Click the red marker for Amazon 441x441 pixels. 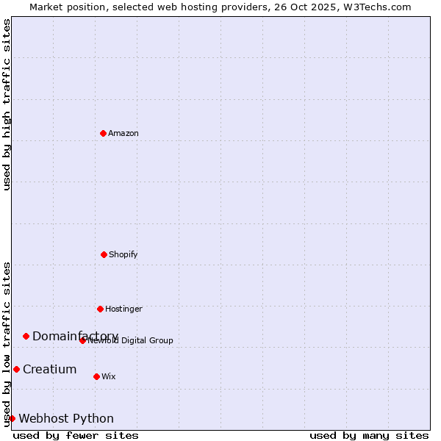[x=103, y=133]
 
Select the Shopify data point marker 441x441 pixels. [x=104, y=254]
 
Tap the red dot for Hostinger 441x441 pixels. [x=100, y=309]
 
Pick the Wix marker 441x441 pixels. [x=96, y=376]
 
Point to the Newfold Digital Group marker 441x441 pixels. [x=82, y=340]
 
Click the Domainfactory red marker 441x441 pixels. [x=26, y=336]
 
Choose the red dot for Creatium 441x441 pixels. [x=16, y=369]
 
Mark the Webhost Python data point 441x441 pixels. [x=12, y=418]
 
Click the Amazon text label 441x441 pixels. [x=123, y=133]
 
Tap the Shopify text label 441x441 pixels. [x=123, y=254]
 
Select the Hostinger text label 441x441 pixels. [x=123, y=309]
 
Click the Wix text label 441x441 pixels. [x=109, y=376]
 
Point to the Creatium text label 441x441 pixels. [x=49, y=369]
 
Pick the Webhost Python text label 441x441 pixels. [x=66, y=418]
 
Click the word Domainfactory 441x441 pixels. [x=75, y=336]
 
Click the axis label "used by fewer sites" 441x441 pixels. [x=76, y=435]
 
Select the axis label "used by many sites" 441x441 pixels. [x=369, y=435]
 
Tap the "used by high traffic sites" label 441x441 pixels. [x=7, y=104]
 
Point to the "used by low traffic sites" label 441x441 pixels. [x=7, y=344]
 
